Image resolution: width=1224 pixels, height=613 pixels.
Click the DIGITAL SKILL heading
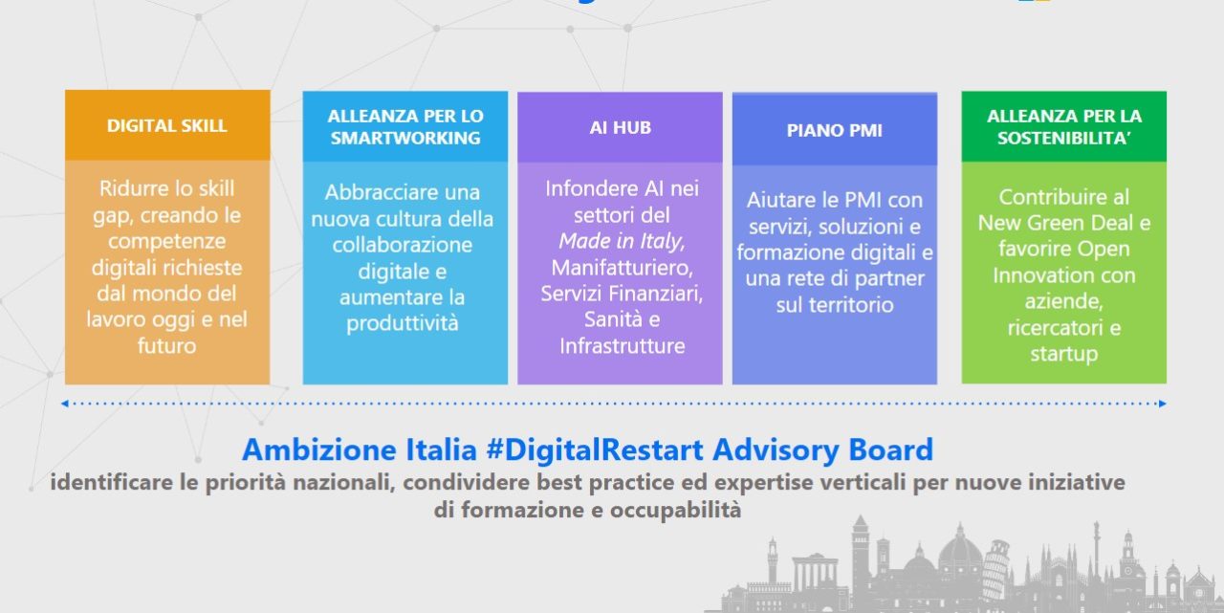point(166,125)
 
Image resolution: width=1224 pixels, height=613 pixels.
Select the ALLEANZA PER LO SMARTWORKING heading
point(405,127)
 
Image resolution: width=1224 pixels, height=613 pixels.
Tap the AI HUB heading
point(621,127)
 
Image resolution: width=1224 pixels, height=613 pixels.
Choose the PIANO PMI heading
point(835,131)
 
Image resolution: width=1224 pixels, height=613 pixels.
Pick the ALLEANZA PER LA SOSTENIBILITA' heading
point(1064,127)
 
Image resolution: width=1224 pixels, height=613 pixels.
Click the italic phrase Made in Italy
point(622,241)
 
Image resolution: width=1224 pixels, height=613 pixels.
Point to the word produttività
point(403,323)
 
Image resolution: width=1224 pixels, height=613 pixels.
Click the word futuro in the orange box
point(166,346)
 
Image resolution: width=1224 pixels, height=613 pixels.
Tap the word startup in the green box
point(1064,355)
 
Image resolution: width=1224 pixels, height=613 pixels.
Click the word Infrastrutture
point(622,346)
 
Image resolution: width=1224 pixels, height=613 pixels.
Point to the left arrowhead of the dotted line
point(64,404)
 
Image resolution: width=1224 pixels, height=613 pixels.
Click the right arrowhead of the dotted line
point(1162,404)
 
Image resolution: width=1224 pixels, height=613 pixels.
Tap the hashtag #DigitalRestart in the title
point(595,449)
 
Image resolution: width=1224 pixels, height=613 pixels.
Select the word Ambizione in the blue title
point(319,449)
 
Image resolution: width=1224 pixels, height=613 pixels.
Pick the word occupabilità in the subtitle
point(675,510)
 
